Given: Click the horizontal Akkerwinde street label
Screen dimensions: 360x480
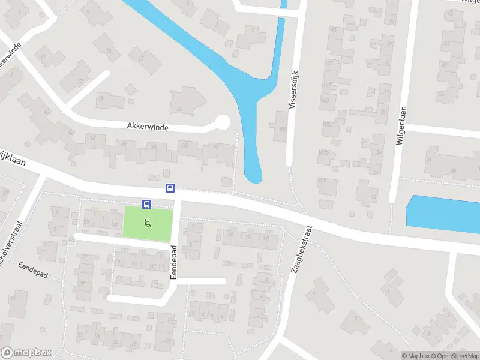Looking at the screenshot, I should (x=148, y=127).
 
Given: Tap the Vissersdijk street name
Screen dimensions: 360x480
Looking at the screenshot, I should (x=293, y=88).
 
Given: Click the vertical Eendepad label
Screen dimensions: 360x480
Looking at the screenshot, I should (x=173, y=262).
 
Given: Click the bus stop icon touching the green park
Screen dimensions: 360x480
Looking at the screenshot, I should (x=146, y=204).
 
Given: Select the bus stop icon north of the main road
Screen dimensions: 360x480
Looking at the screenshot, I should (x=170, y=188).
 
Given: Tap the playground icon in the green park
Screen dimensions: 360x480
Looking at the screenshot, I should (x=147, y=224).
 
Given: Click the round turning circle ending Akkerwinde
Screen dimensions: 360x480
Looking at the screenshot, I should (x=222, y=122).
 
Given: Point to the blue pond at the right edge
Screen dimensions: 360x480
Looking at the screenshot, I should (x=444, y=214).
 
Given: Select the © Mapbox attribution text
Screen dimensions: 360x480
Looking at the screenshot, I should (x=416, y=356).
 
